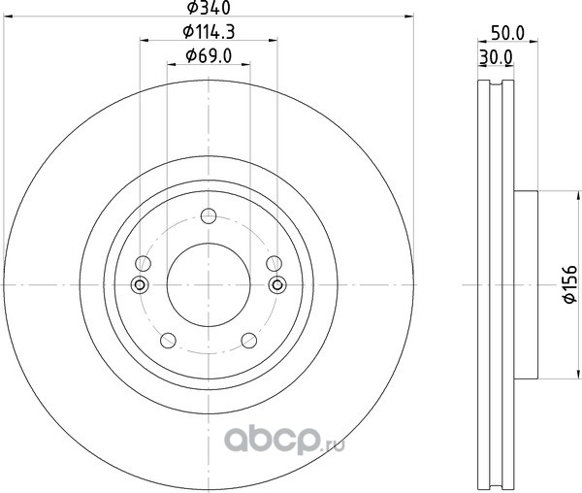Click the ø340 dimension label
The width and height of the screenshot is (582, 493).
(209, 8)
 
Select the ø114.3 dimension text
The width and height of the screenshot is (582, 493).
(209, 32)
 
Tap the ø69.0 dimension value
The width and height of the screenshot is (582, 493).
(209, 56)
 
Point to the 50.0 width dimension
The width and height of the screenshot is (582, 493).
(507, 33)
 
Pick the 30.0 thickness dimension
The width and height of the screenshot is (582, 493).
(496, 57)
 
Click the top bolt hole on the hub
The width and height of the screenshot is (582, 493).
(209, 215)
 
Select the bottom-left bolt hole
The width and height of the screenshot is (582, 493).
(168, 340)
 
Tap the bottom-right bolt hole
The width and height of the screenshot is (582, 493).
(249, 340)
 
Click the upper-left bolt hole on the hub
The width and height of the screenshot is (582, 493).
(143, 263)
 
